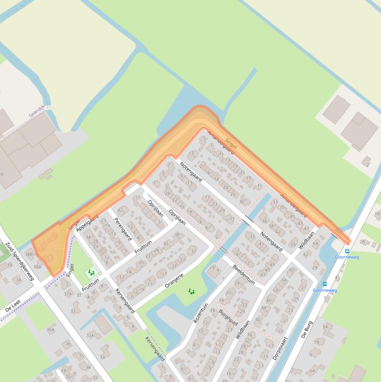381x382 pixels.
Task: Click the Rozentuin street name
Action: [201, 313]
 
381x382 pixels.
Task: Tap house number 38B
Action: [28, 255]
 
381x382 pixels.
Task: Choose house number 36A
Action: [51, 329]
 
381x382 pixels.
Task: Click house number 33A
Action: [90, 335]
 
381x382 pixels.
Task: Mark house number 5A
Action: [325, 327]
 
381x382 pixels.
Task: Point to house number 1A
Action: [377, 214]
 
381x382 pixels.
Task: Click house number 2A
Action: [362, 242]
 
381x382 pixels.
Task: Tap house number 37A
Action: [68, 294]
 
